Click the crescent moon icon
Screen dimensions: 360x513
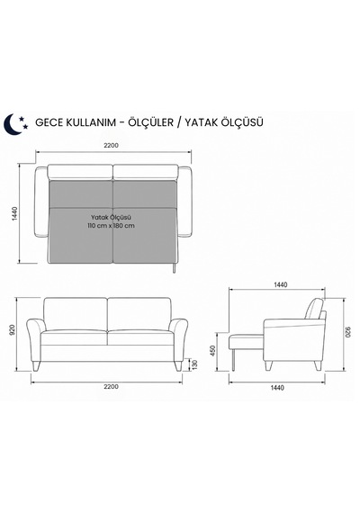pos(11,124)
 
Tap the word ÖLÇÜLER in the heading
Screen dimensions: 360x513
pos(150,121)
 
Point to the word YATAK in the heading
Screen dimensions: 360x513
pos(202,122)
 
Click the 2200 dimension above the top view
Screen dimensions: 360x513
pos(112,146)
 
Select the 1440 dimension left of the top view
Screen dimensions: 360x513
pos(14,213)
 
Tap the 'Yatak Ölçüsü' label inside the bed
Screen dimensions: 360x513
pos(112,217)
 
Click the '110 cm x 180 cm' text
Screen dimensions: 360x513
pos(112,226)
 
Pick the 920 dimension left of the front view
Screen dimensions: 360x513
pos(12,329)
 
